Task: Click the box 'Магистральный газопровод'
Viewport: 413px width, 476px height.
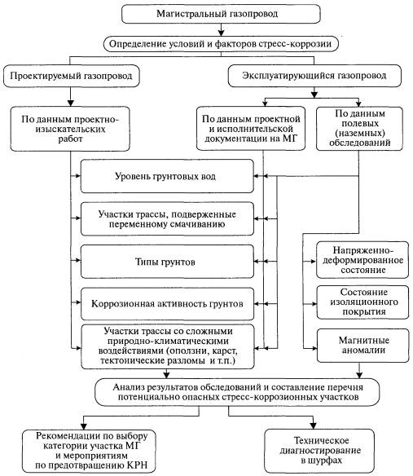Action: coord(221,14)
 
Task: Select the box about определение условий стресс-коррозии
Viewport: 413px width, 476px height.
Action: coord(221,44)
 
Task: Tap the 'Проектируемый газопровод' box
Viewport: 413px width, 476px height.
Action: coord(71,76)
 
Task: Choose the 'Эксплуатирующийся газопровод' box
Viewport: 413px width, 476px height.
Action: coord(314,76)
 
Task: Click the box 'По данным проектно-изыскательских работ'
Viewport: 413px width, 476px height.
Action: coord(70,129)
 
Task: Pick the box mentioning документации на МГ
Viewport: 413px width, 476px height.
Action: coord(251,129)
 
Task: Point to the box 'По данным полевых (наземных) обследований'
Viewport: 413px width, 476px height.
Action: coord(359,129)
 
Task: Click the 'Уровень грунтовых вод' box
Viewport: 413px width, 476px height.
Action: coord(167,176)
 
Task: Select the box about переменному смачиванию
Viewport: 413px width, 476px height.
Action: coord(167,219)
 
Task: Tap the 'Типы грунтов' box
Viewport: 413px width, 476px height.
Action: coord(167,262)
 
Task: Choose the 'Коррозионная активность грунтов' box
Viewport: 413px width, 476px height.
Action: coord(167,304)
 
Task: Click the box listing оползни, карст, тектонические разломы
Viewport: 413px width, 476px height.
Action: coord(168,346)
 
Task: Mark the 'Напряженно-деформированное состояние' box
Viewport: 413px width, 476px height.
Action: coord(362,260)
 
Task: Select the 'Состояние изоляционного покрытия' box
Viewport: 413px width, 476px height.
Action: coord(362,302)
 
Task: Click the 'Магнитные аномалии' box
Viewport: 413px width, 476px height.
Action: coord(363,346)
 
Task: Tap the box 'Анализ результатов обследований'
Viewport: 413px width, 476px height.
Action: coord(237,392)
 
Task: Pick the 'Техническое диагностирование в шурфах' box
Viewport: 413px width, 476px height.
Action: coord(319,451)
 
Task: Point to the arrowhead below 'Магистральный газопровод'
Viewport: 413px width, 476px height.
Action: coord(222,33)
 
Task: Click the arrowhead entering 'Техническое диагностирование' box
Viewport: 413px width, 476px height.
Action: coord(313,425)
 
